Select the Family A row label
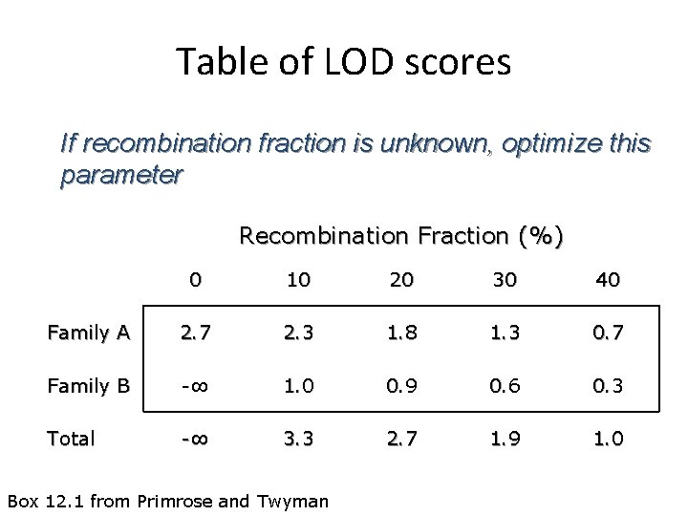pyautogui.click(x=89, y=333)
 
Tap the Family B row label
pyautogui.click(x=89, y=386)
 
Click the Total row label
pyautogui.click(x=72, y=439)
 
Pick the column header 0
pyautogui.click(x=195, y=280)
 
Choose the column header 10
pyautogui.click(x=298, y=280)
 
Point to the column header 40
pyautogui.click(x=608, y=280)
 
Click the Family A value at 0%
pyautogui.click(x=195, y=333)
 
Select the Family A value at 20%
pyautogui.click(x=401, y=333)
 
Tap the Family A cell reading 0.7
pyautogui.click(x=608, y=333)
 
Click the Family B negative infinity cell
pyautogui.click(x=195, y=386)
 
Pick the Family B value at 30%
pyautogui.click(x=505, y=386)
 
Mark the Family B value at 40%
pyautogui.click(x=608, y=386)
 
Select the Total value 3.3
pyautogui.click(x=298, y=439)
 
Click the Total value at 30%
pyautogui.click(x=505, y=439)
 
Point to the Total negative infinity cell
pyautogui.click(x=195, y=439)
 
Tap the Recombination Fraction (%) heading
pyautogui.click(x=401, y=235)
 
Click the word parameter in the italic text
pyautogui.click(x=121, y=176)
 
